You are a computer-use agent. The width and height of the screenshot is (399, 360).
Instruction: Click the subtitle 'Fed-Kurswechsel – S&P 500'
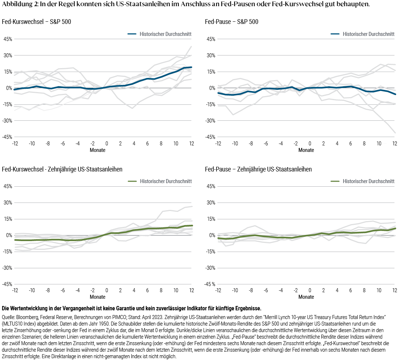pyautogui.click(x=37, y=22)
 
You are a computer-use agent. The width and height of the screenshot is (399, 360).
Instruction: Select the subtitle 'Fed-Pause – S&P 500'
pyautogui.click(x=231, y=22)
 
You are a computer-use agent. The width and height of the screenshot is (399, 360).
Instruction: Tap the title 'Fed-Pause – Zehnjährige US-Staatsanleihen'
pyautogui.click(x=258, y=169)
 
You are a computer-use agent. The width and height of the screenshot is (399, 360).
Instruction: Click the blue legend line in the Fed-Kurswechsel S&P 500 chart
pyautogui.click(x=132, y=34)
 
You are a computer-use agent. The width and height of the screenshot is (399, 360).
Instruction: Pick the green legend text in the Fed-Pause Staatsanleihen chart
pyautogui.click(x=368, y=181)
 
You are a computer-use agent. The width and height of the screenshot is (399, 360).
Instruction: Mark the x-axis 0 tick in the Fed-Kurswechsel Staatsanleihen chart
pyautogui.click(x=107, y=291)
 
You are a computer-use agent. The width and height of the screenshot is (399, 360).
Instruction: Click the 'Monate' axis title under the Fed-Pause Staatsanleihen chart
pyautogui.click(x=306, y=297)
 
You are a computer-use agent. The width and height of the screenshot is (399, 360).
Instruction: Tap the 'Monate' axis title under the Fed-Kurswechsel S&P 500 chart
pyautogui.click(x=98, y=150)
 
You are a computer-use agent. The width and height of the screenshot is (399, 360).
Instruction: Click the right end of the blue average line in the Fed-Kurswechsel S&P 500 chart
pyautogui.click(x=192, y=67)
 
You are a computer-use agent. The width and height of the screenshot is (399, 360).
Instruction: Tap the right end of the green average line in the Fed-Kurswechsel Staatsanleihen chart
pyautogui.click(x=192, y=225)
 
